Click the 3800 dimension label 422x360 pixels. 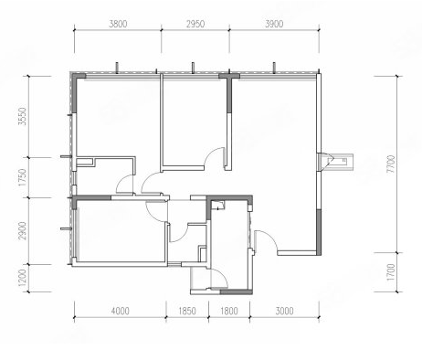pyautogui.click(x=118, y=24)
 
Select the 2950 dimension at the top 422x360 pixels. pyautogui.click(x=195, y=24)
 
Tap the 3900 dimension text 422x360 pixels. pyautogui.click(x=274, y=24)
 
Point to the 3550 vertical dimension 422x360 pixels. pyautogui.click(x=23, y=116)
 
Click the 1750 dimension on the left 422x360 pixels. pyautogui.click(x=23, y=177)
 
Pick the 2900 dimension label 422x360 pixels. pyautogui.click(x=23, y=231)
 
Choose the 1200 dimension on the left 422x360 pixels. pyautogui.click(x=23, y=278)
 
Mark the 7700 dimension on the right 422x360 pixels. pyautogui.click(x=391, y=164)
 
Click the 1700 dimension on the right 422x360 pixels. pyautogui.click(x=391, y=272)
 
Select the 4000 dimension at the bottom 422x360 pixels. pyautogui.click(x=121, y=311)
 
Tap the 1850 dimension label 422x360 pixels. pyautogui.click(x=187, y=311)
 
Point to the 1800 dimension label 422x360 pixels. pyautogui.click(x=229, y=311)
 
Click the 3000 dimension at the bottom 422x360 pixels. pyautogui.click(x=285, y=311)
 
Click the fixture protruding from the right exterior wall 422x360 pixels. pyautogui.click(x=335, y=163)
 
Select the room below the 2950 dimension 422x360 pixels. pyautogui.click(x=195, y=122)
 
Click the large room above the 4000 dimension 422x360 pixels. pyautogui.click(x=121, y=230)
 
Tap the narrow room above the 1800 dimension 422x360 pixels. pyautogui.click(x=230, y=244)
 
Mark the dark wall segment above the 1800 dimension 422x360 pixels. pyautogui.click(x=237, y=292)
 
